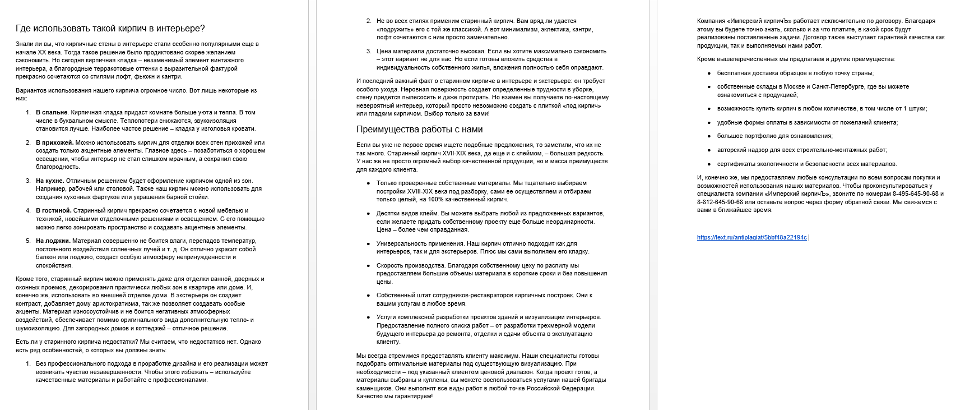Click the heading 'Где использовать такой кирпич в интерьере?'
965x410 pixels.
click(110, 29)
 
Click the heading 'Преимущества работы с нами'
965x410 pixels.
click(419, 130)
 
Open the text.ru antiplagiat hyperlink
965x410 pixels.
click(751, 238)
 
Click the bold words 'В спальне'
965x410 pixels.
click(52, 113)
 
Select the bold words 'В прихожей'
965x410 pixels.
click(54, 142)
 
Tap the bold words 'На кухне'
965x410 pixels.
click(50, 181)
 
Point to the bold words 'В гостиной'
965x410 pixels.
click(53, 211)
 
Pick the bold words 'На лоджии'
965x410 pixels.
click(53, 241)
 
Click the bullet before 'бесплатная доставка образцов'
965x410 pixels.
click(709, 73)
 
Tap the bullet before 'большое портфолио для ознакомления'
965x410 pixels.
click(709, 136)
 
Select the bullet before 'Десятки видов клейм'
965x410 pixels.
click(368, 214)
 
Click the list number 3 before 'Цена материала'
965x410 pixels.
click(369, 51)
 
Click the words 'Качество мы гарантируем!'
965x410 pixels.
click(394, 397)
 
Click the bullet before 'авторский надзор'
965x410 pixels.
click(709, 150)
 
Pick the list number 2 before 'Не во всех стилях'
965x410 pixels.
click(369, 21)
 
